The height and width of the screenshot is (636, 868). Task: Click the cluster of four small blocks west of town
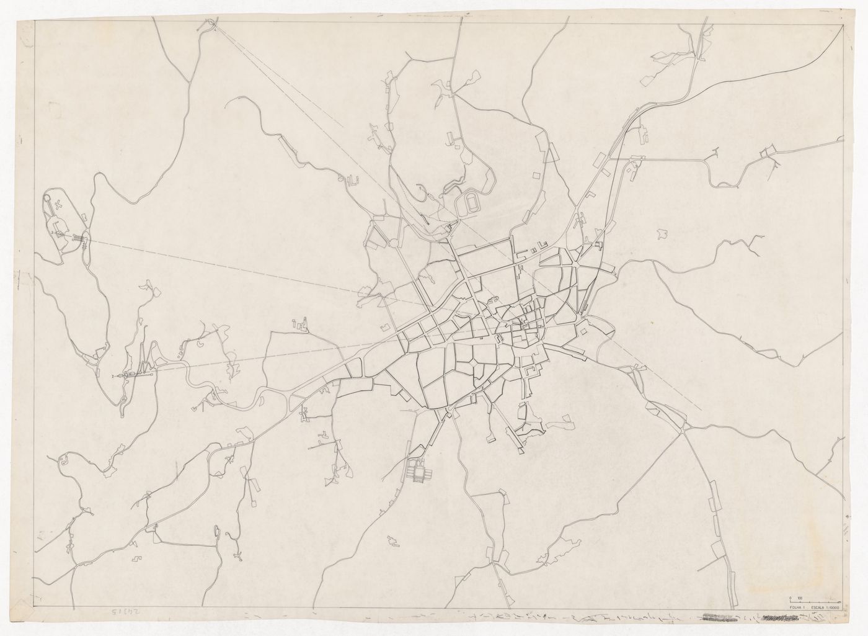(x=300, y=324)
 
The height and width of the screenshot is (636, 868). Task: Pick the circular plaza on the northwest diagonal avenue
(x=392, y=243)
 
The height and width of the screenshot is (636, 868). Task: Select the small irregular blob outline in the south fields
(x=392, y=542)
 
